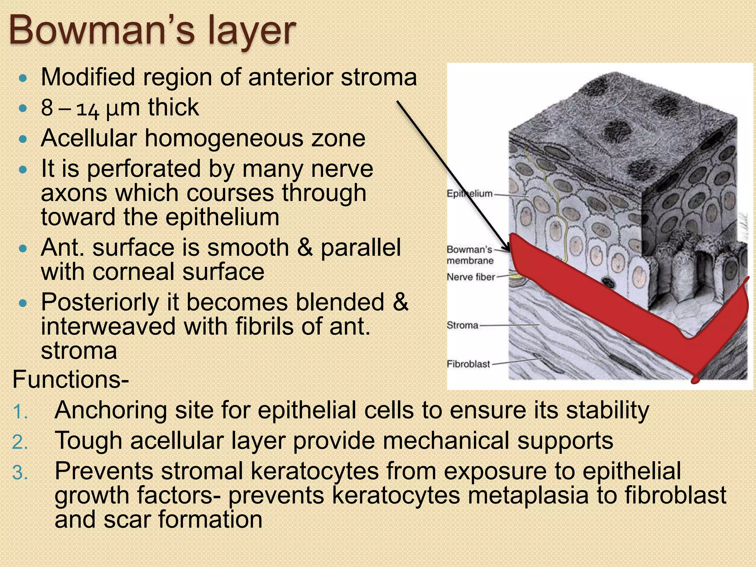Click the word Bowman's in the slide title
[102, 30]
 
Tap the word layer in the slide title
[251, 31]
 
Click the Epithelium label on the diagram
[470, 193]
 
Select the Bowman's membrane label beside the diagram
[470, 255]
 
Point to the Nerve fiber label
[471, 277]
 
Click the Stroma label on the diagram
[463, 325]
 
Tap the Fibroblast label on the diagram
[468, 364]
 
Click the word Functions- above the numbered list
[71, 379]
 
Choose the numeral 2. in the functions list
[20, 442]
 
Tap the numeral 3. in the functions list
[20, 472]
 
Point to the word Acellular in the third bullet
[89, 138]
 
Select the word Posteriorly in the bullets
[100, 303]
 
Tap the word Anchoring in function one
[110, 410]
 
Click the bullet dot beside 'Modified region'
[23, 78]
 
